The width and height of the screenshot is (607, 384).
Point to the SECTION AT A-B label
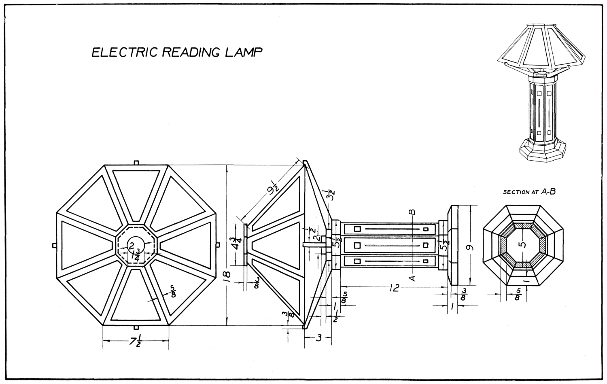pos(529,192)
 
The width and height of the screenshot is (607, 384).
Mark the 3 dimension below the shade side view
pos(318,337)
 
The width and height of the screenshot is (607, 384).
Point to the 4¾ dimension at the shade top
pos(238,245)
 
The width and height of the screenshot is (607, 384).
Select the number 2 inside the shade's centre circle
pos(132,245)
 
